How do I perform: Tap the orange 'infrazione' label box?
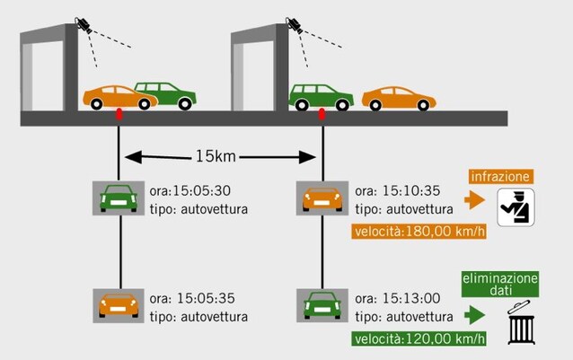click(x=499, y=177)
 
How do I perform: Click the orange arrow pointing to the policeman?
click(x=475, y=199)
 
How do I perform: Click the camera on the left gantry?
click(x=84, y=23)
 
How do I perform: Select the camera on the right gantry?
click(x=294, y=23)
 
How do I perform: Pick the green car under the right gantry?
click(x=321, y=96)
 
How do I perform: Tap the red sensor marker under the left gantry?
click(x=119, y=114)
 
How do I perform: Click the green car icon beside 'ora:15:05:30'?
click(x=118, y=198)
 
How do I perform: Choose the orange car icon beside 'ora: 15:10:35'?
click(x=322, y=198)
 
